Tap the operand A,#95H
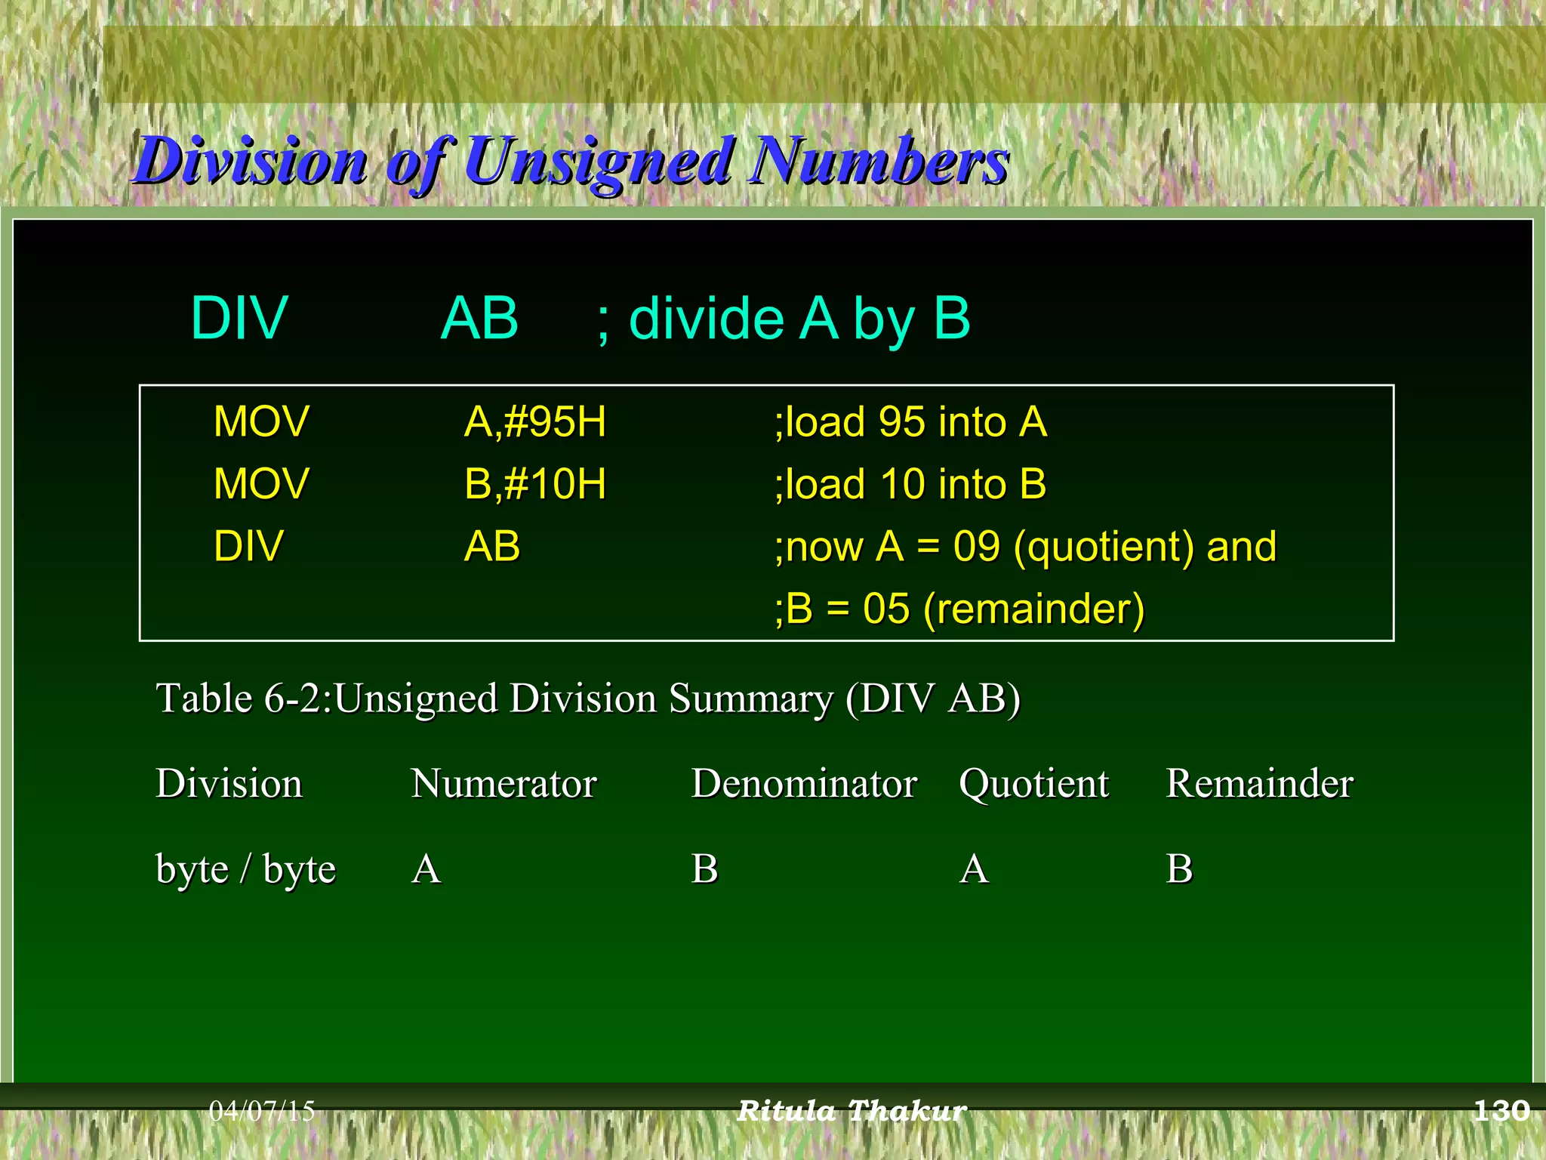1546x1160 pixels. point(534,421)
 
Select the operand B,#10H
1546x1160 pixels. point(534,484)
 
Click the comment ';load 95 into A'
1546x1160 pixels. point(910,421)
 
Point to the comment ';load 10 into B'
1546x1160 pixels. point(910,484)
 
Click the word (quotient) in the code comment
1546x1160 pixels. point(1103,547)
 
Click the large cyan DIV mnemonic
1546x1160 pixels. point(239,319)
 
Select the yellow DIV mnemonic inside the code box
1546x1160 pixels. point(248,547)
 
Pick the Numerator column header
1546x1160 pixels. point(504,783)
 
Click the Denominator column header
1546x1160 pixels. point(804,783)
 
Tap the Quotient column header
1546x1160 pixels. point(1033,783)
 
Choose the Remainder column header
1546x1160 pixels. point(1259,783)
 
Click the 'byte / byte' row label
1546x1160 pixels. point(245,869)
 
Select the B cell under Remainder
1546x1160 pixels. point(1179,869)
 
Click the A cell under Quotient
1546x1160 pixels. point(974,869)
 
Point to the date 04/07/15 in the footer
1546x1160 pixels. point(261,1111)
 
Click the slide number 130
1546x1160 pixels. point(1501,1111)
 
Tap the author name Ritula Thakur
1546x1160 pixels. point(852,1111)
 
